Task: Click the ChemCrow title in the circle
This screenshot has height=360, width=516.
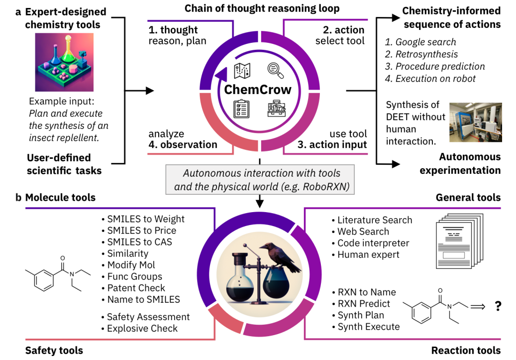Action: click(x=258, y=90)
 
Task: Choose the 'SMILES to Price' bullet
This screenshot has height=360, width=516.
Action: click(x=141, y=231)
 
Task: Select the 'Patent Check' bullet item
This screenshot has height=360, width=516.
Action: click(x=136, y=288)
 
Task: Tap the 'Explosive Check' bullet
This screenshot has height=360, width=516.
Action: click(x=142, y=328)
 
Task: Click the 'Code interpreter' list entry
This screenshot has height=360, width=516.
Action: click(x=373, y=243)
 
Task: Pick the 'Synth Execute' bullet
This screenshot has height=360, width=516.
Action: click(x=368, y=327)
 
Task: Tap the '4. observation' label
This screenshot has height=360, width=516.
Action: click(x=183, y=145)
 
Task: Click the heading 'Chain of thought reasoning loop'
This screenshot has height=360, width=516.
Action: click(x=262, y=8)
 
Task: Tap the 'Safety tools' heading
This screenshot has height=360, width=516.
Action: click(x=54, y=351)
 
